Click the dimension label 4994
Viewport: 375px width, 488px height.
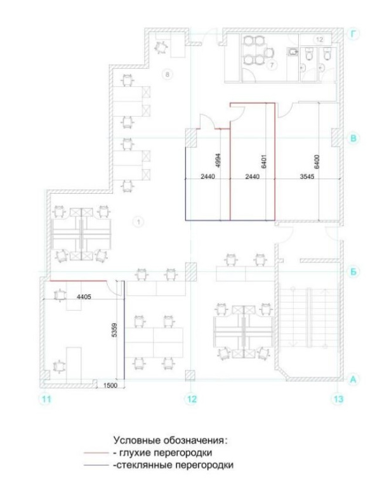(218, 161)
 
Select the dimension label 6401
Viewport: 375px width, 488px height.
(264, 161)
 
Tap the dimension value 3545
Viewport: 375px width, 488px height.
(307, 177)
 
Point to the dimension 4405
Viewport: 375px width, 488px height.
(84, 297)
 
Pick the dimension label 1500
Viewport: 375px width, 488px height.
(110, 385)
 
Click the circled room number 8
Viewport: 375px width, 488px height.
(168, 74)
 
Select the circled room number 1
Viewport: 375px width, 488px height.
(138, 222)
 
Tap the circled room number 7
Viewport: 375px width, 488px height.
(272, 65)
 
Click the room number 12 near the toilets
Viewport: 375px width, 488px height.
(319, 39)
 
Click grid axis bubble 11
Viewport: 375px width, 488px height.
(46, 398)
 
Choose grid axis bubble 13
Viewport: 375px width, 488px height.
(338, 398)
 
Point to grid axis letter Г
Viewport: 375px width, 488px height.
(353, 34)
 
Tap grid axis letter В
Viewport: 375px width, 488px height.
(353, 138)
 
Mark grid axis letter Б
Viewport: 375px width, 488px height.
(353, 272)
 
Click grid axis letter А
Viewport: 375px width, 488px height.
(353, 379)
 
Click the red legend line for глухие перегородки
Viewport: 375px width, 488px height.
(96, 453)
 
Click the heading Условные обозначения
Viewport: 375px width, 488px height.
(171, 440)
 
